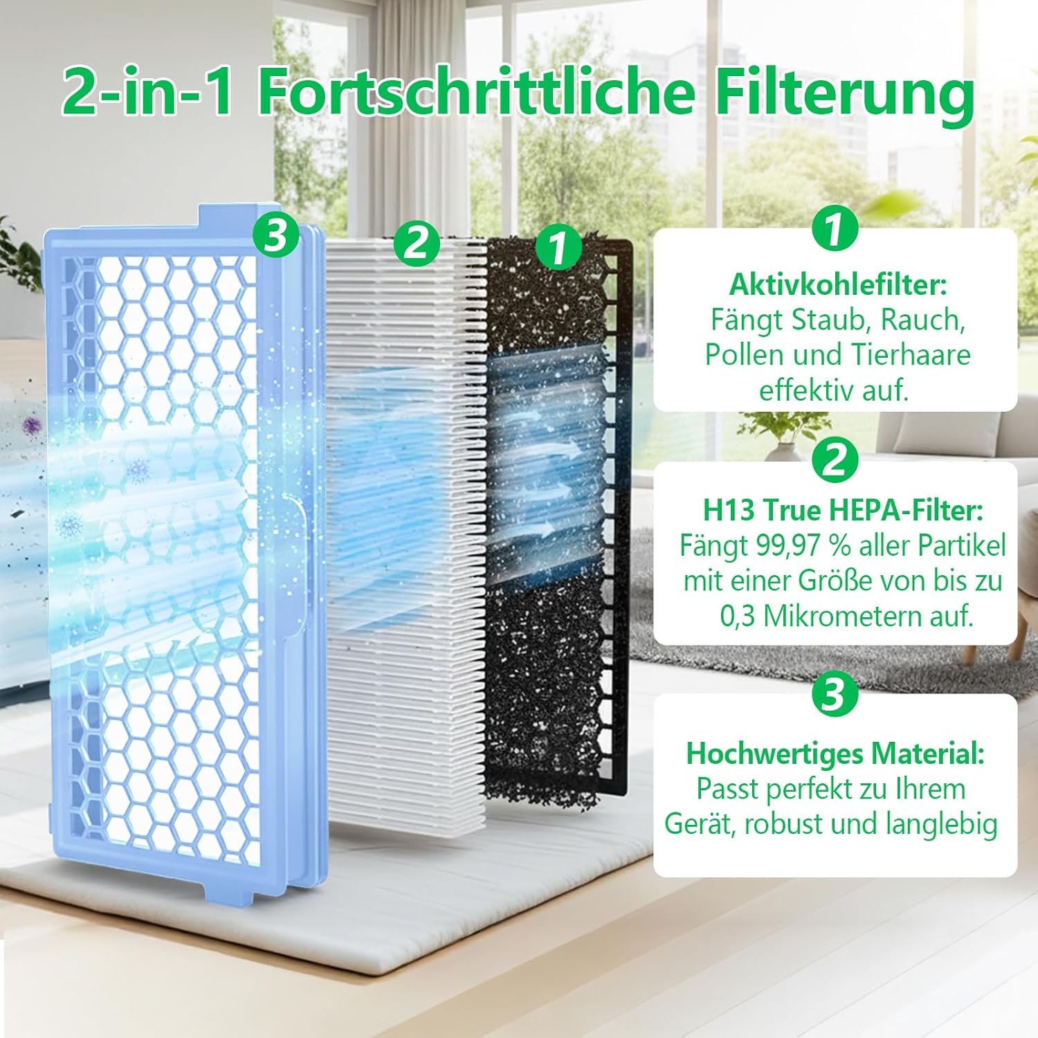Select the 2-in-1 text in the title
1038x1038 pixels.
pyautogui.click(x=148, y=91)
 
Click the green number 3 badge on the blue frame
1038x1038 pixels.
pyautogui.click(x=275, y=235)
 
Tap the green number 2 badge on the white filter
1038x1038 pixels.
pyautogui.click(x=417, y=242)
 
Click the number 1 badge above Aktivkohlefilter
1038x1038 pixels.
pyautogui.click(x=835, y=229)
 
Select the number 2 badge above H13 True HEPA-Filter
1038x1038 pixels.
pyautogui.click(x=835, y=459)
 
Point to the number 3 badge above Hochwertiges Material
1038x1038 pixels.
pyautogui.click(x=835, y=694)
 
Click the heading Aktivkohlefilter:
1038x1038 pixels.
pyautogui.click(x=837, y=284)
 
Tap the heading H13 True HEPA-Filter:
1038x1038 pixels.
pyautogui.click(x=842, y=511)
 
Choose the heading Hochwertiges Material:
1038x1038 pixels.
pyautogui.click(x=835, y=754)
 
